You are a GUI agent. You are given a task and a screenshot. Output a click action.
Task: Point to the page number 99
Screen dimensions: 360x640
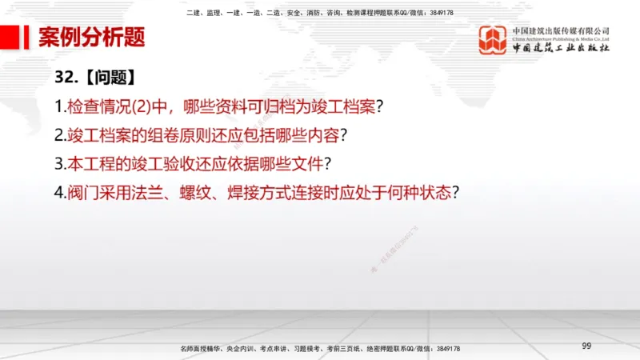(586, 346)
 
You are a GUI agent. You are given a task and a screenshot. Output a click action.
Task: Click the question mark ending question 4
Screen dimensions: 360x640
(460, 193)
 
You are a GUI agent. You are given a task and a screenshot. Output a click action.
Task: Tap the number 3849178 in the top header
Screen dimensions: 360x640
(439, 13)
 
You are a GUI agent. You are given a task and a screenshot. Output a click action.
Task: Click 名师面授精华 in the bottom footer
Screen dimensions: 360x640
(202, 350)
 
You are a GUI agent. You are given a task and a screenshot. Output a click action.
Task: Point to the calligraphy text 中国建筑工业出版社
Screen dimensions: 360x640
(561, 47)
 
